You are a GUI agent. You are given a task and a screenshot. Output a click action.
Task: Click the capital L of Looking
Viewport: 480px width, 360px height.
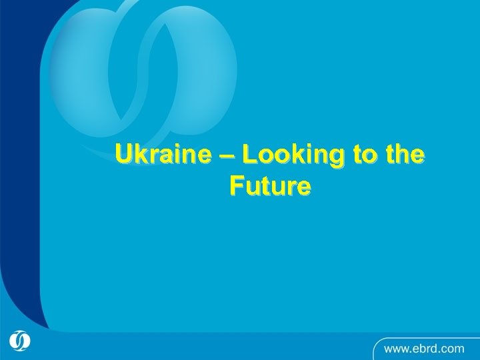point(250,155)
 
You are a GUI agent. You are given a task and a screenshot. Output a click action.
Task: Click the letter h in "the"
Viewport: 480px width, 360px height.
point(403,155)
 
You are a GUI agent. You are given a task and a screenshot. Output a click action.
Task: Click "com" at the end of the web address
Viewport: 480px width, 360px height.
point(453,348)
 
